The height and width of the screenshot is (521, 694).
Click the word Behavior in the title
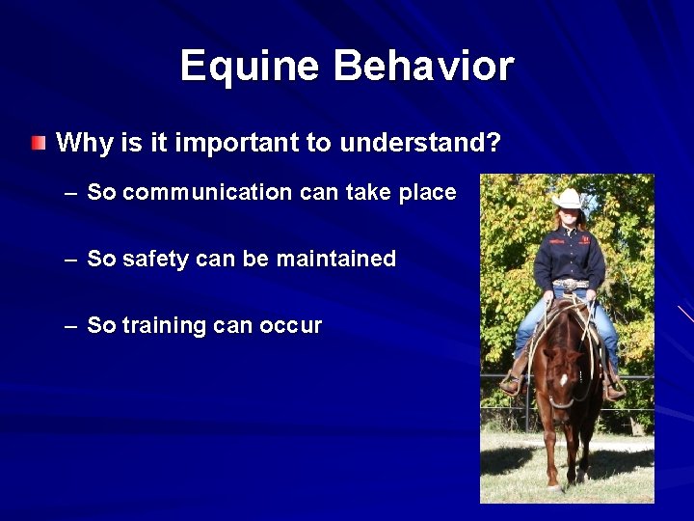click(x=423, y=67)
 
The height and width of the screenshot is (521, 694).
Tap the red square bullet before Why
click(x=38, y=145)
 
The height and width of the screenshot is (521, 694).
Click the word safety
click(x=163, y=259)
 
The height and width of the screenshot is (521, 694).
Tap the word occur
click(x=291, y=326)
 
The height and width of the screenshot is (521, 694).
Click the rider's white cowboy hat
click(x=568, y=200)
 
